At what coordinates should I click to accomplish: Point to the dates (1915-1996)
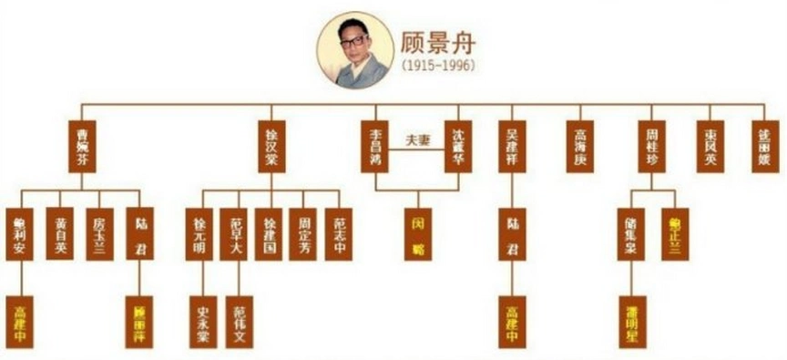click(438, 67)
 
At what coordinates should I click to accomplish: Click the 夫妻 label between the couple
click(418, 140)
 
